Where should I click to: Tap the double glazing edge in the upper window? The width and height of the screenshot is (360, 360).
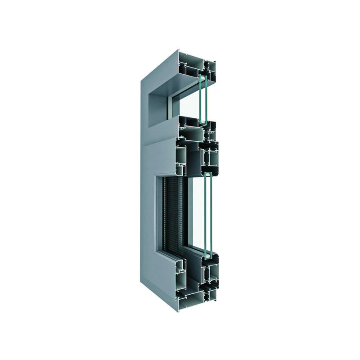pos(202,99)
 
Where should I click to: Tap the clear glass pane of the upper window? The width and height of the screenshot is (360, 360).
pos(189,106)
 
